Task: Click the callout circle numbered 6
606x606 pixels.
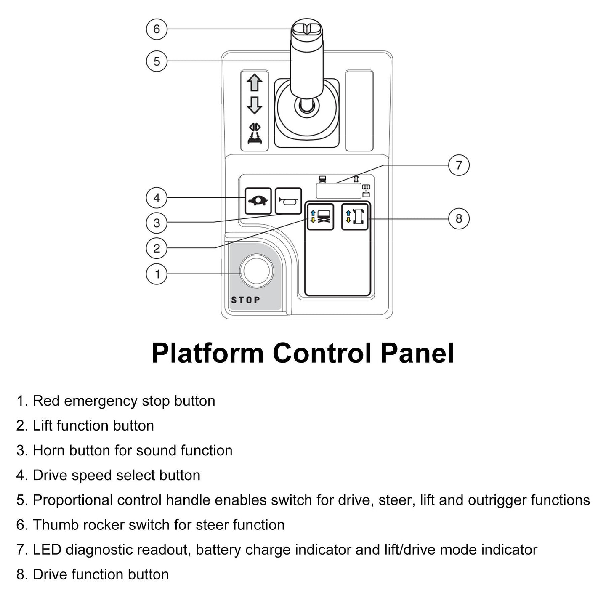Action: tap(157, 29)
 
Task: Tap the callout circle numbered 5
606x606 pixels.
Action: tap(157, 61)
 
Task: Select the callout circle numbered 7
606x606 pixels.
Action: tap(459, 165)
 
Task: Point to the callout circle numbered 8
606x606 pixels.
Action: tap(459, 219)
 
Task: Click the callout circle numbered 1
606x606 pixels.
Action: tap(157, 274)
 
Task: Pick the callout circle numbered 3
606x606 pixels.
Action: tap(157, 223)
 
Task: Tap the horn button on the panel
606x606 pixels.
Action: tap(288, 201)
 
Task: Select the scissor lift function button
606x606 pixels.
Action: tap(320, 217)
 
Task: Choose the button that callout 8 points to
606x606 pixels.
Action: tap(355, 217)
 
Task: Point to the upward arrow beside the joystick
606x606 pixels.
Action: tap(254, 82)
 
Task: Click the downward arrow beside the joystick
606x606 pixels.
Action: tap(254, 105)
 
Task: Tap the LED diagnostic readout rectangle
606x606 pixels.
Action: tap(338, 191)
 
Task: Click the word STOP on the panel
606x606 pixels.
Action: tap(246, 300)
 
